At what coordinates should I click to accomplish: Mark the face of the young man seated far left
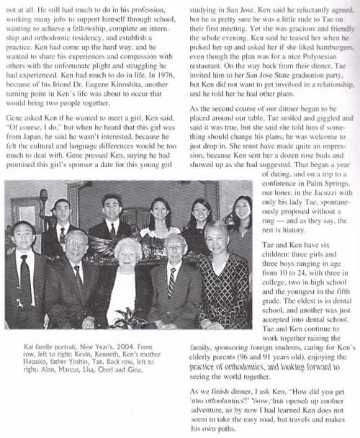[x=24, y=234]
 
